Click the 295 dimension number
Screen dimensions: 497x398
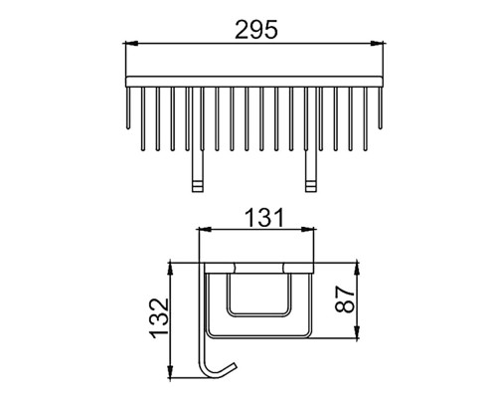[256, 30]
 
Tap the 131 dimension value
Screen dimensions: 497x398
[264, 218]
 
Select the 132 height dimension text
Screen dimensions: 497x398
[160, 318]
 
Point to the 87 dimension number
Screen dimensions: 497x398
[345, 299]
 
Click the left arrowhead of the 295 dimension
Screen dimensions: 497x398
[130, 43]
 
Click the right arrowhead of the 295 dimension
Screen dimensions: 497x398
[378, 43]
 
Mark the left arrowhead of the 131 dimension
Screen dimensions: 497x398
[204, 229]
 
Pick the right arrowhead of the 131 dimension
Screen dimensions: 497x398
[308, 229]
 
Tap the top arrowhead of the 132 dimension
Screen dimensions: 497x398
[170, 270]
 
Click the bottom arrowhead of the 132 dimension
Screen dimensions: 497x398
[170, 371]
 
